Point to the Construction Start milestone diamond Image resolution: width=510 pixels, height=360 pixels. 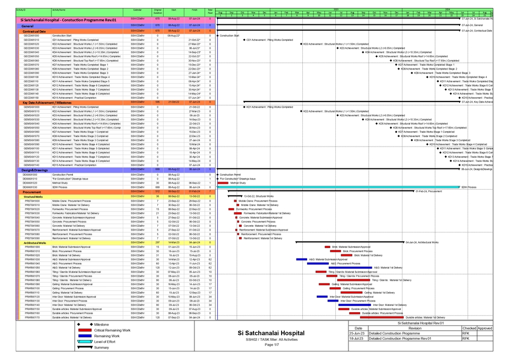point(218,36)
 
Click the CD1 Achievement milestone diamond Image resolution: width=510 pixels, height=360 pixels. point(244,40)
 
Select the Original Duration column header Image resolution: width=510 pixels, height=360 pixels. point(158,10)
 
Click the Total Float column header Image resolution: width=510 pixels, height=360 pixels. point(210,10)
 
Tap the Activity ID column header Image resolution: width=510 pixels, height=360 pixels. point(21,10)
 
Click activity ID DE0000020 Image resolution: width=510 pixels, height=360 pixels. point(30,183)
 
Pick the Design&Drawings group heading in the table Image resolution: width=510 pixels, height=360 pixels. point(35,170)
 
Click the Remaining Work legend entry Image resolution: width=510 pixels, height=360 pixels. point(106,336)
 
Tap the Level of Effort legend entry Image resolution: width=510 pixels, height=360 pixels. point(105,342)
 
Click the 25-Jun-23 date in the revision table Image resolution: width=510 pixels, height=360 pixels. point(356,333)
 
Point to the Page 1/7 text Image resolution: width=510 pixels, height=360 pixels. point(271,345)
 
